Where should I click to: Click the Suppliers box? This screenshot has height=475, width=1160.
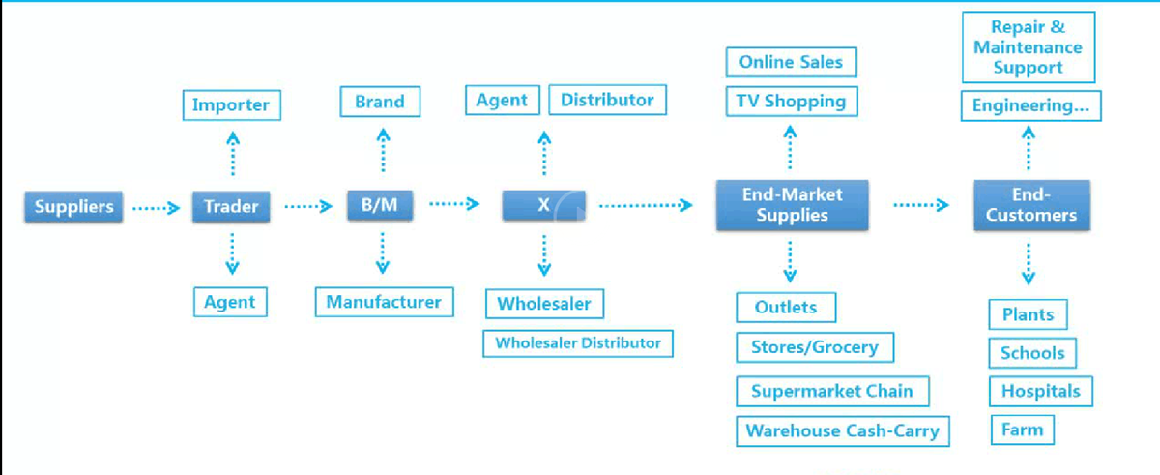point(73,206)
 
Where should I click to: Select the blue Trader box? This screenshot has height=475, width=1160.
point(231,206)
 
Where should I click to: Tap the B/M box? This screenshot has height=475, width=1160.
point(380,206)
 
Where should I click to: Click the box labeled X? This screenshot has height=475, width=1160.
point(543,206)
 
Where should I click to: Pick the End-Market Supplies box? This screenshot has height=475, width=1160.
point(792,205)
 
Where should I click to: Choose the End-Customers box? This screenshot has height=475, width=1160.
point(1030,205)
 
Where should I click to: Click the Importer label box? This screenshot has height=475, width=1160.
point(231,104)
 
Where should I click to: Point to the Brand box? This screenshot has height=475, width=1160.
point(380,102)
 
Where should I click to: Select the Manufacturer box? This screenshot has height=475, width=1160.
point(384,302)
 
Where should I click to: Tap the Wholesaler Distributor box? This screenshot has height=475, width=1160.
point(578,343)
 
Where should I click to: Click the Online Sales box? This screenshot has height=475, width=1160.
point(791,63)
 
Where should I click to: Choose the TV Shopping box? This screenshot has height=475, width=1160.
point(791,101)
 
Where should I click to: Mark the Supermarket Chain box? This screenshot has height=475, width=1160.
point(832,392)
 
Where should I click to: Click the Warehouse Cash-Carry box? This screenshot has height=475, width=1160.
point(842,431)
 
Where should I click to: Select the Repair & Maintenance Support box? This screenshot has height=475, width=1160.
point(1028,47)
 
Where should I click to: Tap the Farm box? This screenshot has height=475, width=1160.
point(1022,430)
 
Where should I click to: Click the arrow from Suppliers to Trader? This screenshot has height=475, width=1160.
point(156,207)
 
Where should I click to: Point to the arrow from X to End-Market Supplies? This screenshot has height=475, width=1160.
point(645,205)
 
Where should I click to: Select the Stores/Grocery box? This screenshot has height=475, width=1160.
point(814,347)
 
